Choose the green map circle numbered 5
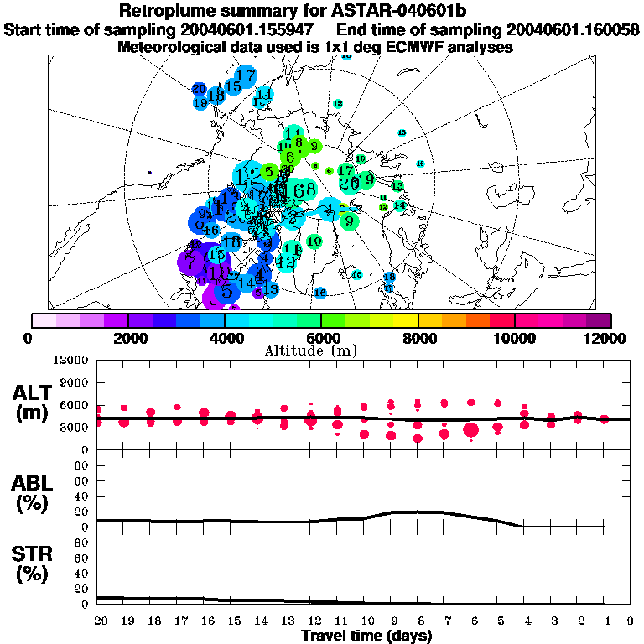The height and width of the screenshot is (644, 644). pos(268,172)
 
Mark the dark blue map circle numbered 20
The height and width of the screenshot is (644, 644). pos(200,88)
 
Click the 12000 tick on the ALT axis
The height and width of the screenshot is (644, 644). pos(70,361)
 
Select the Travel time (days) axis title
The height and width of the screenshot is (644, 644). pos(366,636)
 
